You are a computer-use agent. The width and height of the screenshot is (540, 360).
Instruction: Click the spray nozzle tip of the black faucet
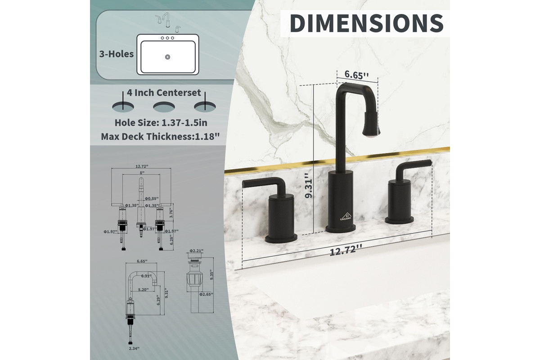(x=371, y=130)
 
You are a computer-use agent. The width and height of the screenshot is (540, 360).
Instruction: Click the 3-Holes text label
(x=117, y=54)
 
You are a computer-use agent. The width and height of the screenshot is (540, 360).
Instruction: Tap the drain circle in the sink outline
(x=167, y=57)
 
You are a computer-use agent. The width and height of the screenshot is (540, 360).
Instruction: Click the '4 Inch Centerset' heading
(x=164, y=93)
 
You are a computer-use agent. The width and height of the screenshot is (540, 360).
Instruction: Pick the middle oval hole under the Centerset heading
(x=164, y=107)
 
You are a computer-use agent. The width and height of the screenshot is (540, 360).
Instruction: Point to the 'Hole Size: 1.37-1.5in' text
(x=161, y=122)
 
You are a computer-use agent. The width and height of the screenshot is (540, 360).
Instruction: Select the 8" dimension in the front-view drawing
(x=141, y=173)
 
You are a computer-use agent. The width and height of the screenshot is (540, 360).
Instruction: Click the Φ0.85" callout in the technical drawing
(x=151, y=198)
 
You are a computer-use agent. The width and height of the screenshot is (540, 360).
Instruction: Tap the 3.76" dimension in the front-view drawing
(x=170, y=212)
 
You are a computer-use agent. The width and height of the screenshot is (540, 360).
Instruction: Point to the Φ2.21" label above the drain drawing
(x=197, y=251)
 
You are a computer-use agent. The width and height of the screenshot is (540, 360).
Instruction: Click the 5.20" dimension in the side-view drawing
(x=144, y=290)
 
